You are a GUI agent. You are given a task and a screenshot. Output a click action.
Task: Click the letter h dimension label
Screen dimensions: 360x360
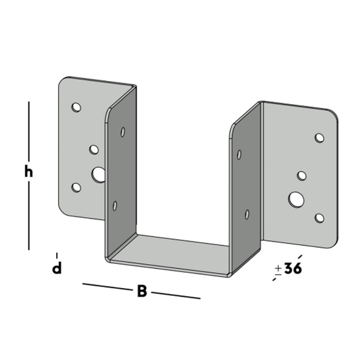[x=28, y=172]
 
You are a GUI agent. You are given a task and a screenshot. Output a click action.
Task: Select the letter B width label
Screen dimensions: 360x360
[x=142, y=291]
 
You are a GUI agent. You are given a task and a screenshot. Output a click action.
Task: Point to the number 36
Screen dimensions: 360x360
[x=293, y=269]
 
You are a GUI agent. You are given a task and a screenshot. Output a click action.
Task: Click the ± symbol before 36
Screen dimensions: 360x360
[x=278, y=269]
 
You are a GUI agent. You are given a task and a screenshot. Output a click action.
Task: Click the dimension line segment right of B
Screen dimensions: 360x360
[x=175, y=295]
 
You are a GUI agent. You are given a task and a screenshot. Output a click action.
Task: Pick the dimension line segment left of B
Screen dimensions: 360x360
[x=106, y=286]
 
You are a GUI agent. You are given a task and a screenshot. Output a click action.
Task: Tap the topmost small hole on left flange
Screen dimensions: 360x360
[x=76, y=107]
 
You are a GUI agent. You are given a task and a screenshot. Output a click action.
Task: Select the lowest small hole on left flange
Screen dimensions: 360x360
[x=76, y=188]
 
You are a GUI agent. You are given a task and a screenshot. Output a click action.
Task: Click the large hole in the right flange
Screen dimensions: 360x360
[x=296, y=198]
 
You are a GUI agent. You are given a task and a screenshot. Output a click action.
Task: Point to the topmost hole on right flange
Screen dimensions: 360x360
[x=319, y=138]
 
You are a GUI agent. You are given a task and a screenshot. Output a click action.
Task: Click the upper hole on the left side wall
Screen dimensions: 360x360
[x=123, y=131]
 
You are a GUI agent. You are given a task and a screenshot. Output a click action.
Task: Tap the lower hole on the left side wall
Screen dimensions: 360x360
[x=115, y=206]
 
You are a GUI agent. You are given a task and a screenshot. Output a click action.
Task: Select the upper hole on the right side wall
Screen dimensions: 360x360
[x=239, y=154]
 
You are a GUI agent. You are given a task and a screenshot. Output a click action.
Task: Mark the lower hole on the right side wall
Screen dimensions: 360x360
[x=246, y=214]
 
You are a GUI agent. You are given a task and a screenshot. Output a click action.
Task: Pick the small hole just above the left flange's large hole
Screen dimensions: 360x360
[x=94, y=149]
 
